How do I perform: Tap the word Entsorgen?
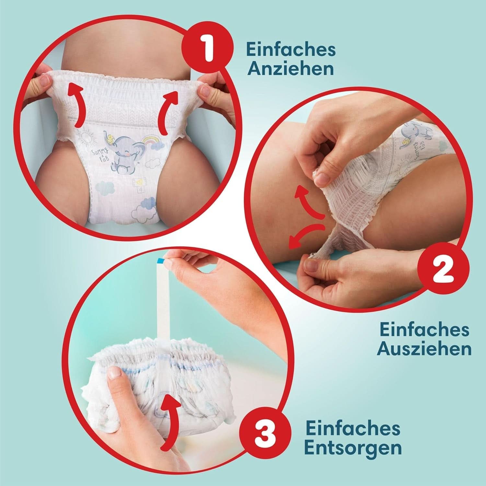click(x=353, y=448)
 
